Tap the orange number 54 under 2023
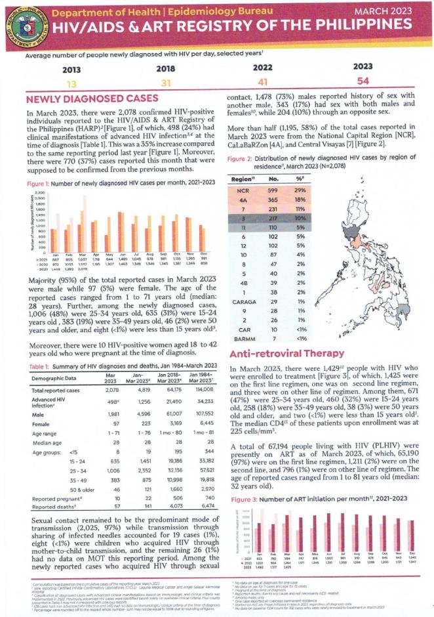pyautogui.click(x=362, y=81)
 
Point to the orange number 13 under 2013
pyautogui.click(x=72, y=83)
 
